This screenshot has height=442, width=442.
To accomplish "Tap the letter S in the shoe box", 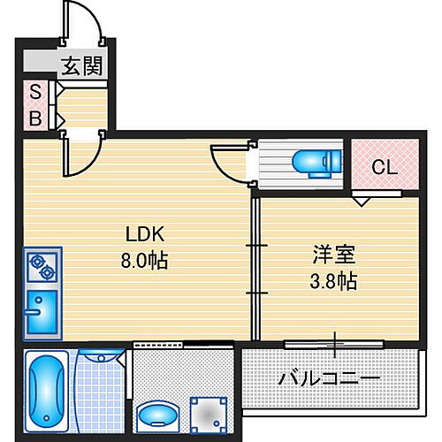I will click(36, 91).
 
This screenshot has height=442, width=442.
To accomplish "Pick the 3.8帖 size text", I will click(334, 281).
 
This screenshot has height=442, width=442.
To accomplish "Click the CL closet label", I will click(383, 165).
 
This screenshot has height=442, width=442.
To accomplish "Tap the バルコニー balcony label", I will click(330, 378).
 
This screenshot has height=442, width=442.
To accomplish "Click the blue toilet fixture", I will click(314, 162).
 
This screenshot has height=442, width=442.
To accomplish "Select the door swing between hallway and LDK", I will click(83, 156).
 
